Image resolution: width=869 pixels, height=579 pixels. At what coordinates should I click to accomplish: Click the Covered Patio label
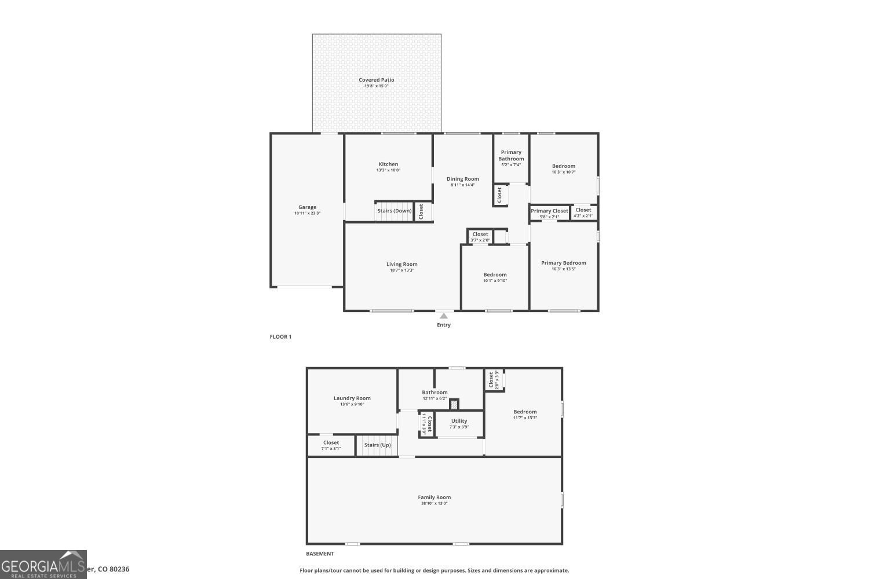pyautogui.click(x=376, y=80)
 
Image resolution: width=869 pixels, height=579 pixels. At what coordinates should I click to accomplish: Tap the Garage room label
pyautogui.click(x=307, y=207)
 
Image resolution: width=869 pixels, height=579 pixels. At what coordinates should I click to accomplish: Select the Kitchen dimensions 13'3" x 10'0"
pyautogui.click(x=388, y=170)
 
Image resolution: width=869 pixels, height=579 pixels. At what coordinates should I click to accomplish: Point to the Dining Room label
pyautogui.click(x=463, y=179)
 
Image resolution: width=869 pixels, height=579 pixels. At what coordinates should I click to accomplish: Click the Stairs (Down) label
pyautogui.click(x=395, y=211)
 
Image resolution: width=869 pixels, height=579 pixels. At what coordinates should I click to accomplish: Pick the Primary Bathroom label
pyautogui.click(x=511, y=155)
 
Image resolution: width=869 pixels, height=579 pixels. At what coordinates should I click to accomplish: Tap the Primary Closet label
pyautogui.click(x=549, y=211)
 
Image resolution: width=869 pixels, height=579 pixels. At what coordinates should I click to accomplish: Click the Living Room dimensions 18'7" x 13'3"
pyautogui.click(x=401, y=270)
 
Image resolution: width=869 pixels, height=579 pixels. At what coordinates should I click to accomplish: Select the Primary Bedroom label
pyautogui.click(x=564, y=263)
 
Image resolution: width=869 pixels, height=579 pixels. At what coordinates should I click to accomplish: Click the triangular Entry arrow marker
pyautogui.click(x=444, y=316)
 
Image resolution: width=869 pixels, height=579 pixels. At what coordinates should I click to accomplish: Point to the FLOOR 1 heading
pyautogui.click(x=280, y=337)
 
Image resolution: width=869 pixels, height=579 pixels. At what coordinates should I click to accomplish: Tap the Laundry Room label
pyautogui.click(x=352, y=398)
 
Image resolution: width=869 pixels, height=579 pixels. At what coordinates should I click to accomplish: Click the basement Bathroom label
pyautogui.click(x=434, y=393)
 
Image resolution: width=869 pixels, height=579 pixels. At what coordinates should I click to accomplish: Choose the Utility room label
pyautogui.click(x=459, y=421)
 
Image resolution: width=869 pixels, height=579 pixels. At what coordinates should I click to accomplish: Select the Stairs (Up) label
pyautogui.click(x=377, y=445)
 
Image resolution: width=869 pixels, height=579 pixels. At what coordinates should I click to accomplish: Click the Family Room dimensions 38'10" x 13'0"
pyautogui.click(x=434, y=504)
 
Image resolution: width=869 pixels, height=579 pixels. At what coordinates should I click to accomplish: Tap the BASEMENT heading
pyautogui.click(x=320, y=554)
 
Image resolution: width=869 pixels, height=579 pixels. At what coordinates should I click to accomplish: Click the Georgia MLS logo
pyautogui.click(x=43, y=565)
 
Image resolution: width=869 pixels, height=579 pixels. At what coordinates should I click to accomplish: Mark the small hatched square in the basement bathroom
pyautogui.click(x=454, y=404)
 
